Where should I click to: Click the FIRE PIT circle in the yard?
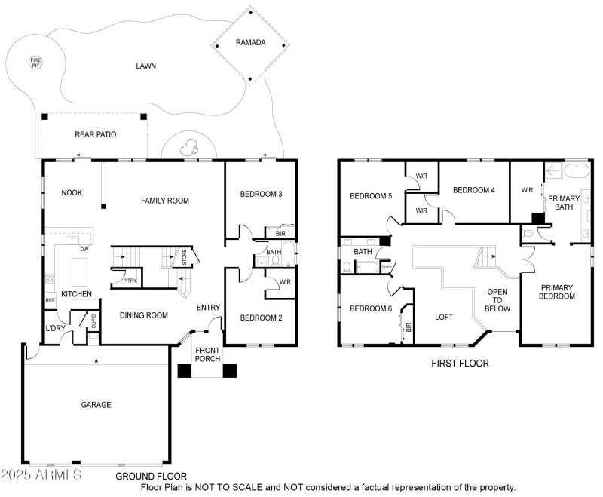(x=35, y=62)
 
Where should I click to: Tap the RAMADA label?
(x=250, y=43)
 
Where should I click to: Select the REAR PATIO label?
(x=95, y=135)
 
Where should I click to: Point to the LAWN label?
(x=145, y=66)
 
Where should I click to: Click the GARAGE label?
(x=96, y=405)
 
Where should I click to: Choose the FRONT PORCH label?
(x=208, y=354)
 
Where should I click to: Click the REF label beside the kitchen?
(x=51, y=300)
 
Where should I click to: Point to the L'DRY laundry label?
(x=54, y=329)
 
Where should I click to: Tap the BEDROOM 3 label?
(x=261, y=195)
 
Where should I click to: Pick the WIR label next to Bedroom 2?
(x=284, y=283)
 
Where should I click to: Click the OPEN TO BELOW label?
(x=497, y=300)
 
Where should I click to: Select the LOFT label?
(x=445, y=318)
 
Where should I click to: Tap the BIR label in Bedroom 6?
(x=408, y=327)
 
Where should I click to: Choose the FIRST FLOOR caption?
(x=460, y=364)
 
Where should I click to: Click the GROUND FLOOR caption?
(x=152, y=477)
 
